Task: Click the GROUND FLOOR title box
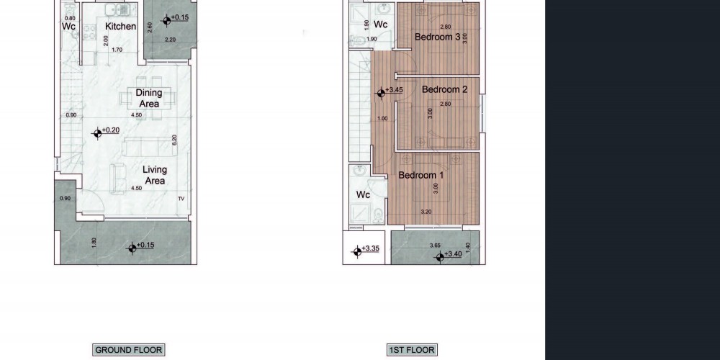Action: click(128, 351)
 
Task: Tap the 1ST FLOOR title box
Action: click(412, 351)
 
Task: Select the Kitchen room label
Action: click(120, 26)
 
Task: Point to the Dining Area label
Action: click(149, 98)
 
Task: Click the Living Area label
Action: click(154, 175)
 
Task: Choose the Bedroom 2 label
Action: click(444, 89)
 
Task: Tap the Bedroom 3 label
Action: click(437, 37)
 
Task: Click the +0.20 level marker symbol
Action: click(97, 134)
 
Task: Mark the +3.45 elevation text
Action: click(394, 90)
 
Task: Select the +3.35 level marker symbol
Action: click(357, 251)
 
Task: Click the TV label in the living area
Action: click(181, 199)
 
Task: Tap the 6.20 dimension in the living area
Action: click(174, 140)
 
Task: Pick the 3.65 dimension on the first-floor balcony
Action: click(435, 246)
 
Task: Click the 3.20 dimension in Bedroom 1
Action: click(426, 212)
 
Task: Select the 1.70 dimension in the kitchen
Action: click(117, 50)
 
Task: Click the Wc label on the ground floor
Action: click(68, 27)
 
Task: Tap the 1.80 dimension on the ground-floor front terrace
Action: click(94, 243)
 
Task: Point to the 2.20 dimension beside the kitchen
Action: click(170, 40)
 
